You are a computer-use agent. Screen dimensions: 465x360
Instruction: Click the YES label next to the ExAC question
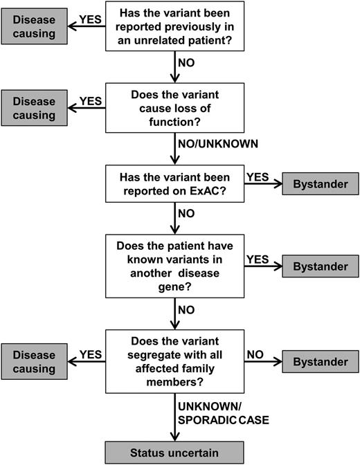(x=258, y=176)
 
